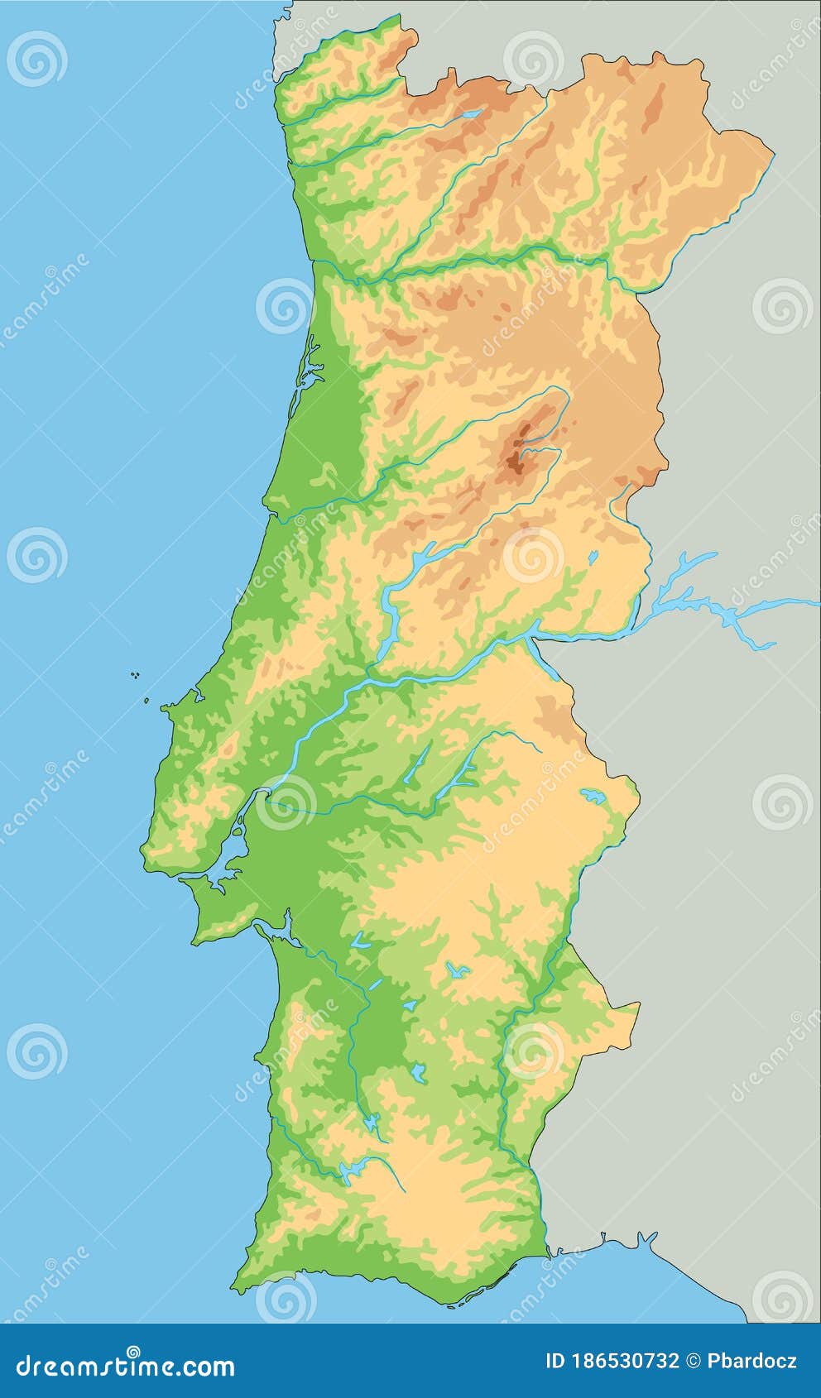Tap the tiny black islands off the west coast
click(x=134, y=676)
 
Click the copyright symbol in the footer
click(x=694, y=1361)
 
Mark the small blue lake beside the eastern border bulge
click(x=593, y=797)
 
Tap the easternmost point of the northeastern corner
click(x=773, y=153)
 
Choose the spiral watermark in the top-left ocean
click(x=37, y=59)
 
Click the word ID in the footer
click(x=556, y=1361)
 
